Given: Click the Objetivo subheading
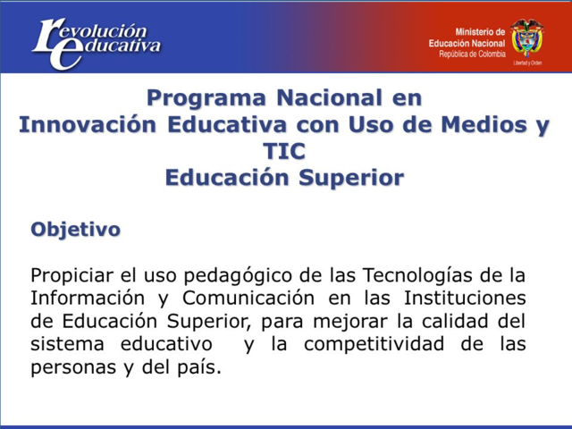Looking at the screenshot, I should (75, 229).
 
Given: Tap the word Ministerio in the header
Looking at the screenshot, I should (480, 31).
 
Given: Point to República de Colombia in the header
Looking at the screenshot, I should (470, 54).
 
